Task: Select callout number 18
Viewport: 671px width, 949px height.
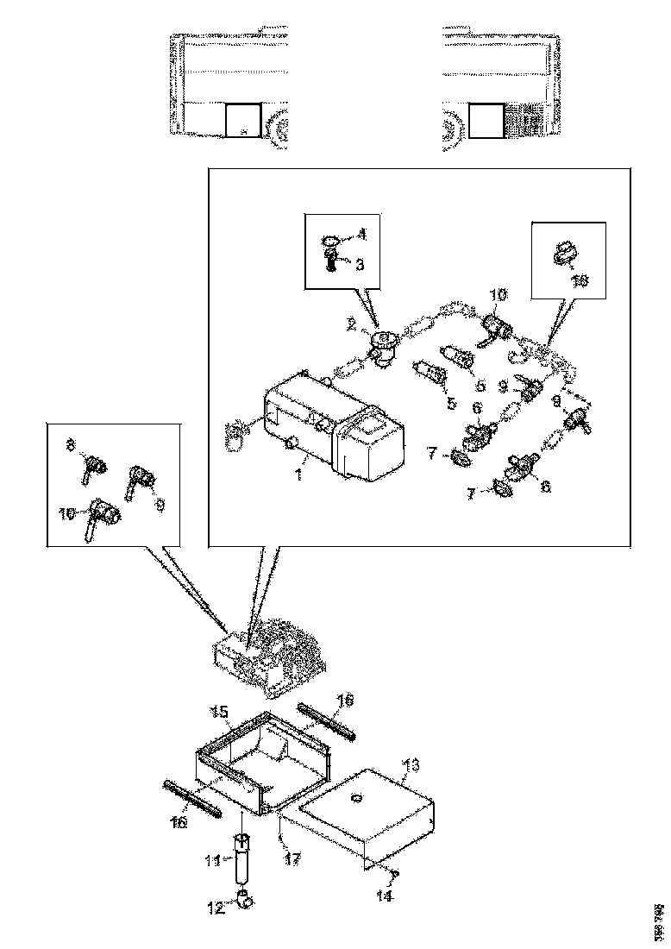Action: tap(580, 280)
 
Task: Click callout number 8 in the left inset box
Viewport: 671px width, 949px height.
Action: tap(73, 445)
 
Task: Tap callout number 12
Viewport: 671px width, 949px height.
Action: tap(213, 908)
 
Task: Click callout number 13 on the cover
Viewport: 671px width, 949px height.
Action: tap(411, 764)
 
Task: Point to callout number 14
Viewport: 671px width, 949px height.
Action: tap(384, 896)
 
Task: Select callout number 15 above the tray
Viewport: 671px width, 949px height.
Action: tap(219, 712)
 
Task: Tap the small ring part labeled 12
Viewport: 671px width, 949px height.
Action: tap(245, 901)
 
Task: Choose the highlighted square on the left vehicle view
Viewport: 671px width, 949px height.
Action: tap(242, 119)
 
